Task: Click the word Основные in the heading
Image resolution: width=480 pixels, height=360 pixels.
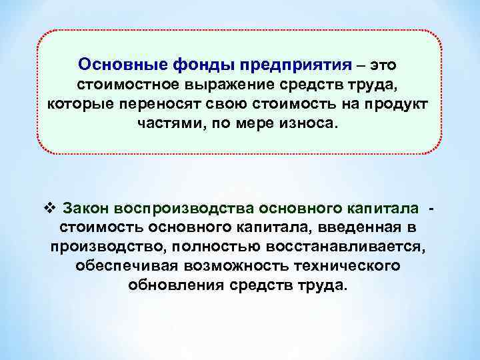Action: pyautogui.click(x=114, y=65)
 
